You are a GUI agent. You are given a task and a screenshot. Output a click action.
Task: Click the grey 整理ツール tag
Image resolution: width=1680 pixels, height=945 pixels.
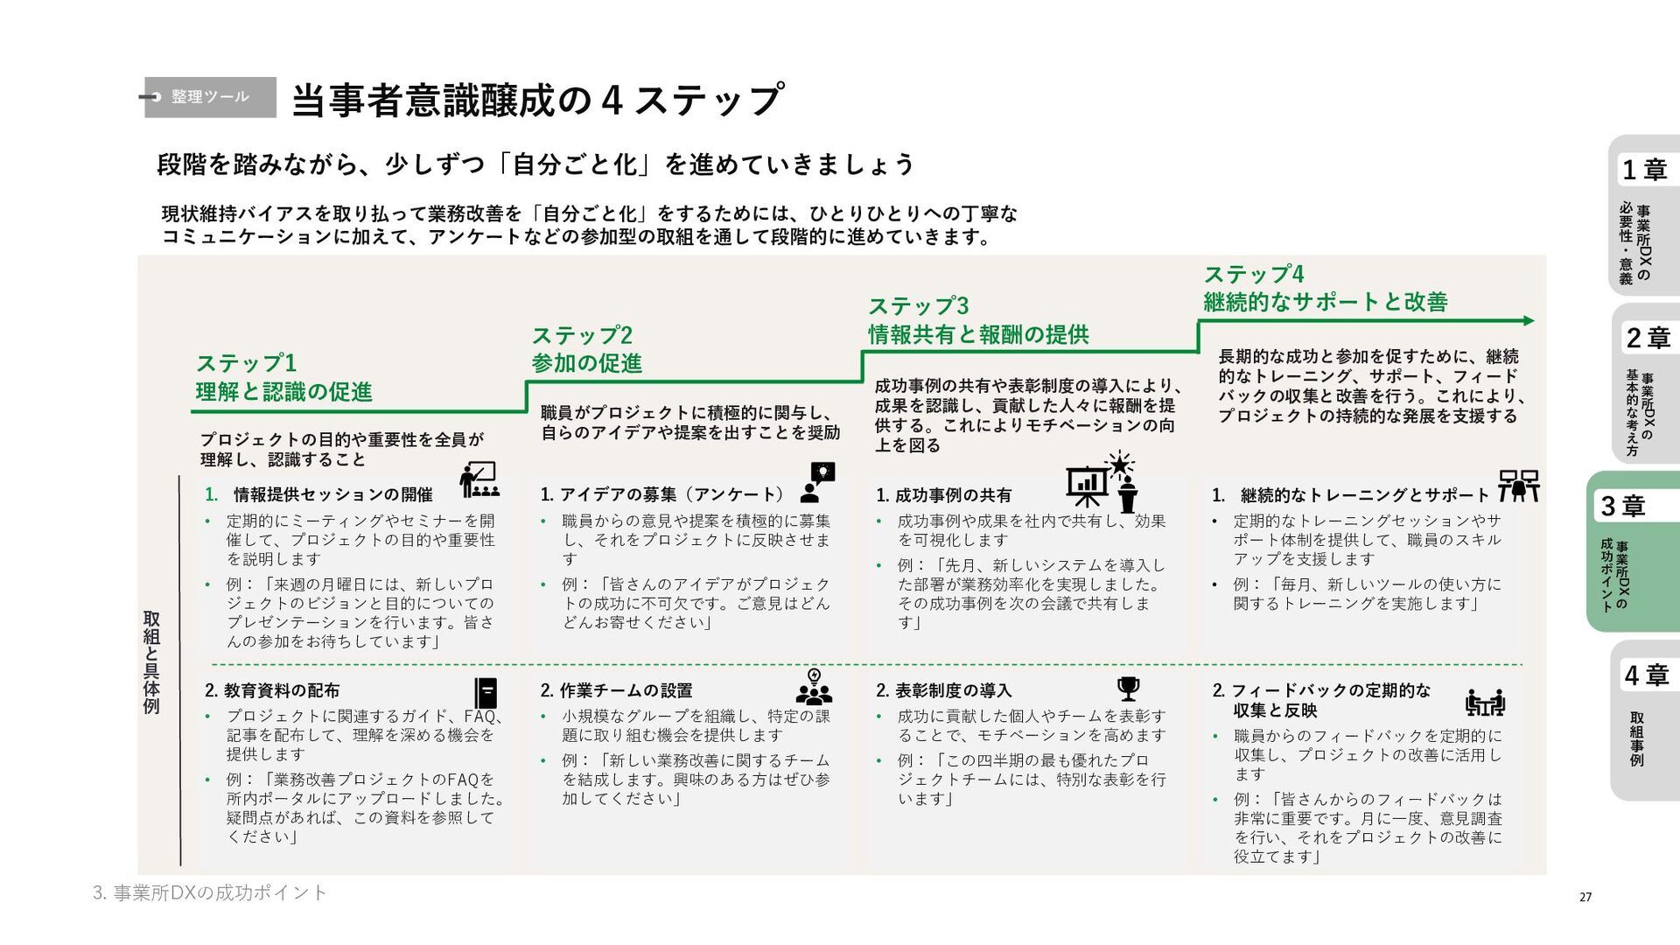click(210, 96)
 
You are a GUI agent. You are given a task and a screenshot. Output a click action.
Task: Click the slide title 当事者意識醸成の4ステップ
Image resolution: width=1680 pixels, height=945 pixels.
click(536, 100)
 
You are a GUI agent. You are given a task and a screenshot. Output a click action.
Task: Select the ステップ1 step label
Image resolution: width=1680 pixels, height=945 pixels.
click(247, 363)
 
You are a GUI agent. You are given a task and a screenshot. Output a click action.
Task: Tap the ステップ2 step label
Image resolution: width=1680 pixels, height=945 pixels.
click(582, 335)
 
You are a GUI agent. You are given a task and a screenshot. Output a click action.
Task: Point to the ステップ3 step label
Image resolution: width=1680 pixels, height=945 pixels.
click(918, 306)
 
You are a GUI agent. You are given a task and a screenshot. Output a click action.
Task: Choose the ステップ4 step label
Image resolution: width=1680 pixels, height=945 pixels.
click(1253, 274)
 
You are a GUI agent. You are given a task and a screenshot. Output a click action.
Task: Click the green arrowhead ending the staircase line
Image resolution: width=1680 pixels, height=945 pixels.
click(1529, 321)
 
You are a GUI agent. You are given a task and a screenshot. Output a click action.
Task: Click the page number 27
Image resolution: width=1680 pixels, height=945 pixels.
click(1585, 897)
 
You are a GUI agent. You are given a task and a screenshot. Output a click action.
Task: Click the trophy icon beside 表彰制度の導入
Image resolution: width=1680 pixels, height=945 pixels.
click(1129, 689)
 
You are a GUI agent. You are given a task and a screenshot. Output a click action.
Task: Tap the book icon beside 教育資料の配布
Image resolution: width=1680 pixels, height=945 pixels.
click(486, 693)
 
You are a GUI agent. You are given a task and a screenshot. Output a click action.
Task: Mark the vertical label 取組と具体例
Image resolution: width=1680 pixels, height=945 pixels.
click(151, 662)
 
